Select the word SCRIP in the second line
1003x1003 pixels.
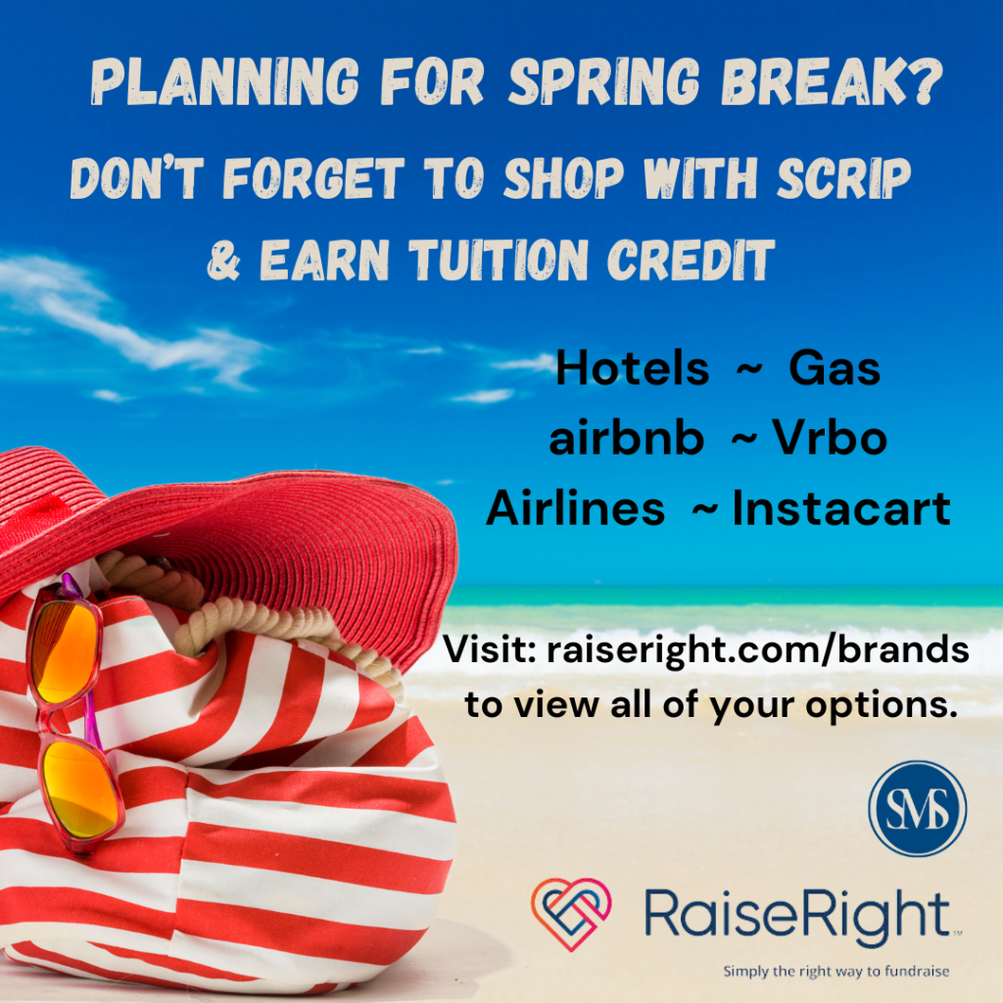click(843, 177)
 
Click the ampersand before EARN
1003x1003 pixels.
click(224, 261)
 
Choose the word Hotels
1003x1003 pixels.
click(633, 368)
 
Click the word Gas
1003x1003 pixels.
click(835, 368)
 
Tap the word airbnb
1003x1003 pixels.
click(626, 438)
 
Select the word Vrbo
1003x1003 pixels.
click(830, 438)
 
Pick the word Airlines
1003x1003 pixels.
click(576, 508)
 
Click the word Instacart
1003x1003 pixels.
click(841, 508)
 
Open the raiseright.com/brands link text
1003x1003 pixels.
click(758, 650)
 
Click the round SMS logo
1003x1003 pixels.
click(917, 808)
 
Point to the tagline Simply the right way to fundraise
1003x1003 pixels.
click(836, 972)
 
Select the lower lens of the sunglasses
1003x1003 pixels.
click(82, 790)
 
